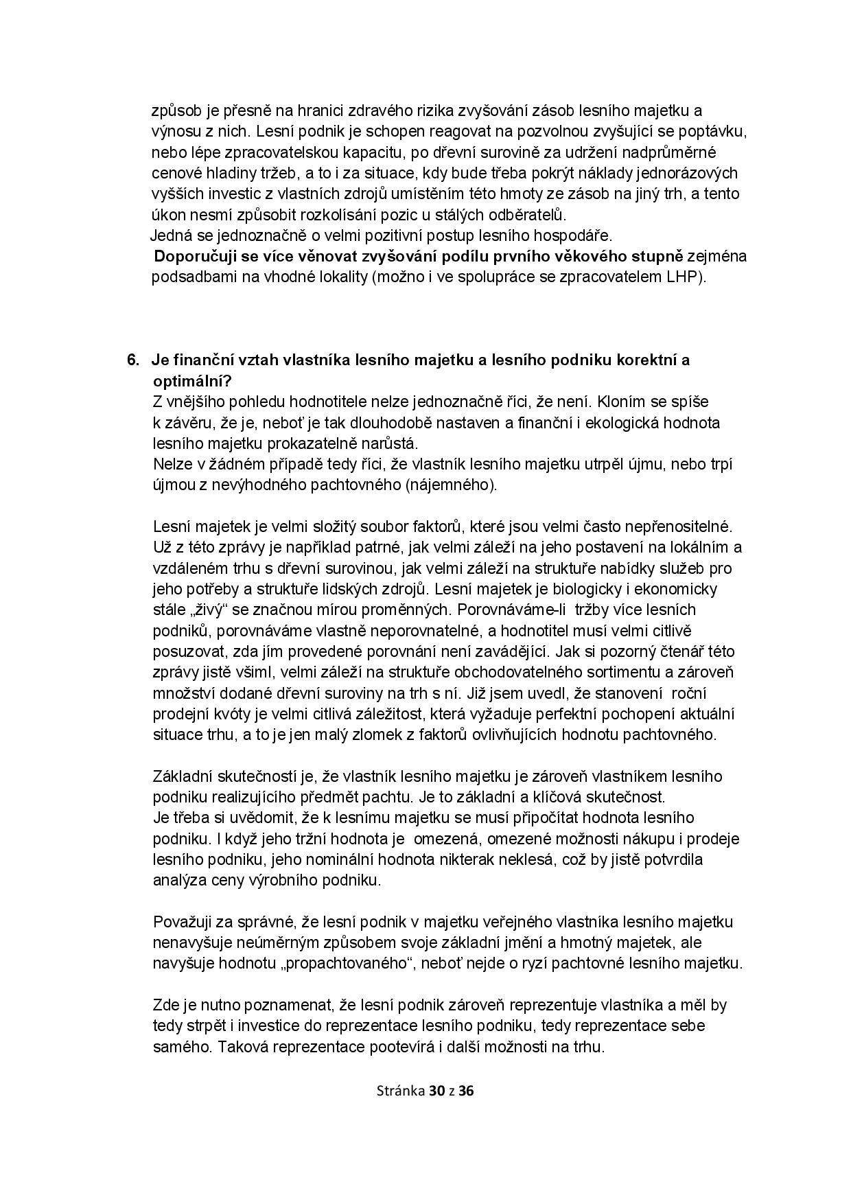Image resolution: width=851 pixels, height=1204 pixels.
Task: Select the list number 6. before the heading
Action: pyautogui.click(x=134, y=360)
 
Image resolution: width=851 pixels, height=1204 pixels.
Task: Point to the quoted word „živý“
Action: pyautogui.click(x=207, y=610)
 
